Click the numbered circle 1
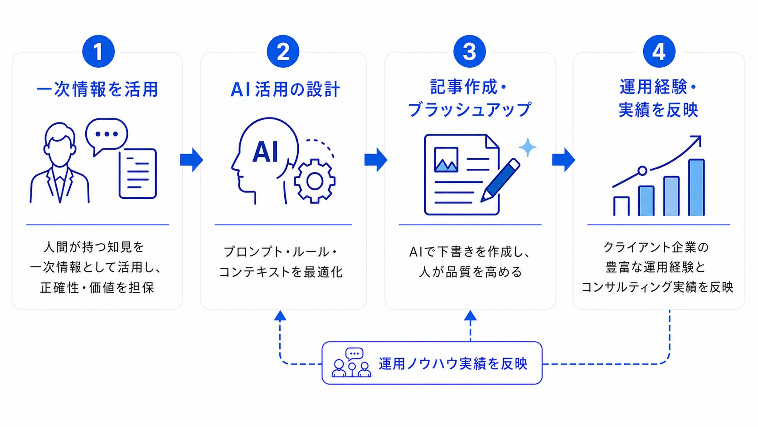pos(98,51)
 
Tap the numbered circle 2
pos(283,51)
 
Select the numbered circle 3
pos(469,51)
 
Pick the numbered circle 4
pos(659,51)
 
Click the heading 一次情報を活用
pos(97,89)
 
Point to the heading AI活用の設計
pos(285,89)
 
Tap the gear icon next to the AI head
pos(315,181)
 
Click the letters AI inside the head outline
pos(266,152)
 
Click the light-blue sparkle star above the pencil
pos(527,147)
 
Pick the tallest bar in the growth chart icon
pos(696,187)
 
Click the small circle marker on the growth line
pos(642,171)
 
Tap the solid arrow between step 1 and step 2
pos(191,159)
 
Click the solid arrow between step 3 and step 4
pos(564,159)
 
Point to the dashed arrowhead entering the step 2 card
pos(280,315)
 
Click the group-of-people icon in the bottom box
pos(352,363)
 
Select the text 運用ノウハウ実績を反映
pos(453,363)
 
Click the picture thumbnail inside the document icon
pos(447,159)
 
